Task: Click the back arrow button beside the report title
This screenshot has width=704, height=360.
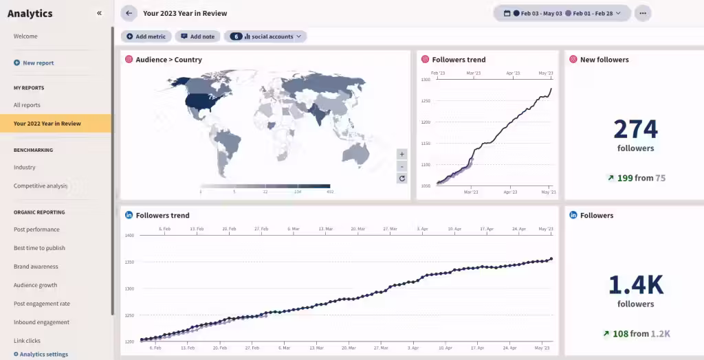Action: (129, 13)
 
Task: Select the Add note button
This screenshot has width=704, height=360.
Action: (197, 36)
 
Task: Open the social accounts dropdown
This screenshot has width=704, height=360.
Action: (265, 36)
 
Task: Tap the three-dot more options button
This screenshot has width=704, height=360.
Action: (643, 13)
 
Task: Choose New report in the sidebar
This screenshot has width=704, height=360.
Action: (38, 63)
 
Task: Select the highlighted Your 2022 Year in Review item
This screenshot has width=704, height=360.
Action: (47, 124)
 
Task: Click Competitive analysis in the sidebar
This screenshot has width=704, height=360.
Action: (41, 185)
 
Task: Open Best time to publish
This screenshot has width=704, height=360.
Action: (39, 248)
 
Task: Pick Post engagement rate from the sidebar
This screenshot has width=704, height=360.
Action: (42, 304)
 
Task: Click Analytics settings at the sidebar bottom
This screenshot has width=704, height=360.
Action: (44, 355)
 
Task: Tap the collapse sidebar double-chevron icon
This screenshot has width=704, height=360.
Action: (100, 13)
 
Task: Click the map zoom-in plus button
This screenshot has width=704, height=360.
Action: (402, 154)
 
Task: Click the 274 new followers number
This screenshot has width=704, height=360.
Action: (635, 129)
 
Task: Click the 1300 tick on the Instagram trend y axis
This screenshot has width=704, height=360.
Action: (426, 80)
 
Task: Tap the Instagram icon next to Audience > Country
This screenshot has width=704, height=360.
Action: (129, 60)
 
